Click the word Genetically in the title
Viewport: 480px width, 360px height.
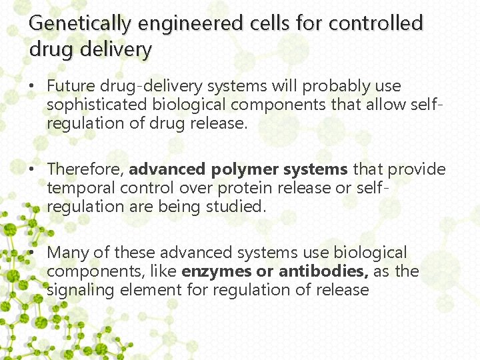[x=81, y=24]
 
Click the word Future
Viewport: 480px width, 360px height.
[x=71, y=86]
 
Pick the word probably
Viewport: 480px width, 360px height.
[x=333, y=87]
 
